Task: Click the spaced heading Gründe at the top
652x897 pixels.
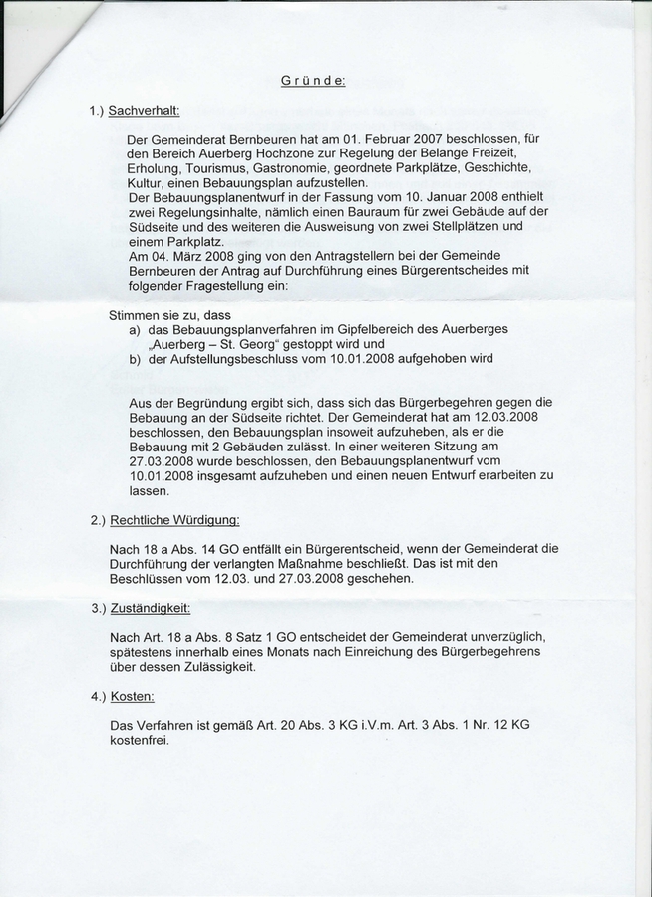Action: click(x=314, y=82)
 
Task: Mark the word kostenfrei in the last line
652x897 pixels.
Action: click(x=140, y=741)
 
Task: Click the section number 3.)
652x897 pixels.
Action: click(x=98, y=607)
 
